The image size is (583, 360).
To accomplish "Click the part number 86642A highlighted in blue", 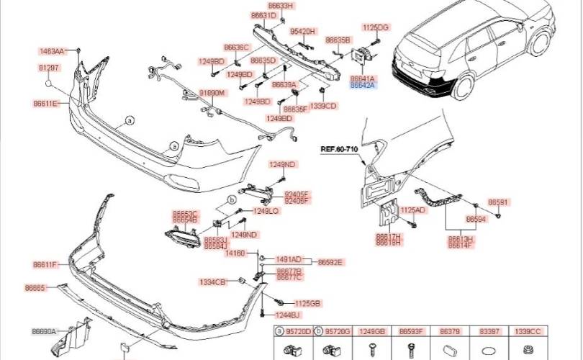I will pos(362,85).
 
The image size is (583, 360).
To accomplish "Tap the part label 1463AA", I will pos(52,51).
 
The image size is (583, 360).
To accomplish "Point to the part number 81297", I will pos(49,67).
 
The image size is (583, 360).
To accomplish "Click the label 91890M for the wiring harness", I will pos(212,94).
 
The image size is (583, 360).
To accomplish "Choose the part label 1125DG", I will pos(375,27).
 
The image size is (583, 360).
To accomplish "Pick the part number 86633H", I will pos(282,6).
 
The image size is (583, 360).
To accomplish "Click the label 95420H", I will pos(303,32).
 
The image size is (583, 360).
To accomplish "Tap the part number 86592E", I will pos(330,262).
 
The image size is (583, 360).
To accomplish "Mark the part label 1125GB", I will pos(307,302).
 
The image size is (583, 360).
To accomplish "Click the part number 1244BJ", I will pos(286,315).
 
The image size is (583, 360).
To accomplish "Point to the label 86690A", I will pos(44,331).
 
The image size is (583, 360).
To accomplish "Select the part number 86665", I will pos(35,287).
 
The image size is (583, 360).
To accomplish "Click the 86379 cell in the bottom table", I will pos(450,331).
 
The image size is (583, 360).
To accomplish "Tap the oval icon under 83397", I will pos(488,349).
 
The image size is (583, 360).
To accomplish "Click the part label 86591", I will pos(498,202).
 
